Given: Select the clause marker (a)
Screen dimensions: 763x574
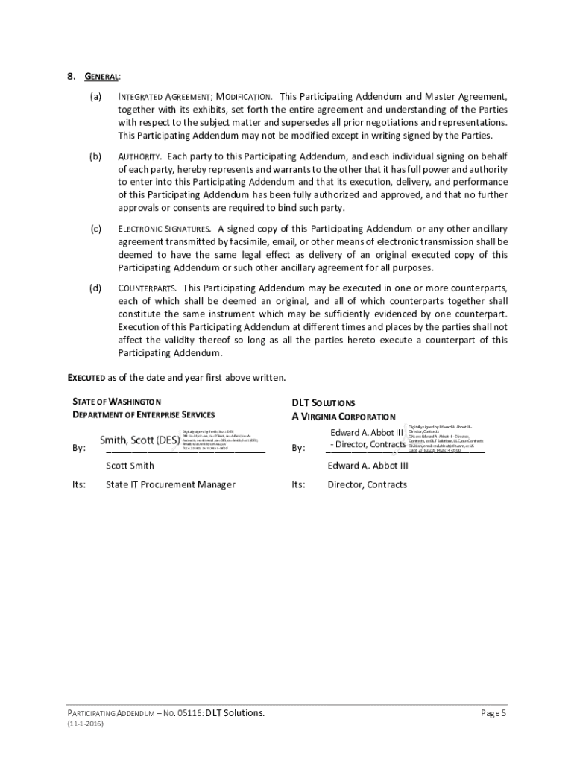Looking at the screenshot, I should click(96, 97).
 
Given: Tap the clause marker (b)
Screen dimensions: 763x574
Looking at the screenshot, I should click(96, 156).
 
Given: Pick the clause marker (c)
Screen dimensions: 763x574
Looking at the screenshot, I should click(96, 229).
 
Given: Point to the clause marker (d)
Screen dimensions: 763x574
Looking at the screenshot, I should click(96, 288).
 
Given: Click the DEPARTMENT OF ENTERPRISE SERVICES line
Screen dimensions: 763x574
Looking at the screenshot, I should click(142, 414).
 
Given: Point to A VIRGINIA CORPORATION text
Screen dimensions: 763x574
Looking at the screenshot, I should click(343, 417).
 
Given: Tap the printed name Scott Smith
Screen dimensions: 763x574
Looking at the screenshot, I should click(130, 466).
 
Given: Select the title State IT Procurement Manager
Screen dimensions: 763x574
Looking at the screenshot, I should click(170, 484).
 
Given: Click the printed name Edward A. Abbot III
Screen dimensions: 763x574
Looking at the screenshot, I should click(368, 466).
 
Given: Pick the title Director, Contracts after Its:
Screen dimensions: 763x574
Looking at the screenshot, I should click(367, 484).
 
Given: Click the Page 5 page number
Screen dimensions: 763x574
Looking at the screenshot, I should click(493, 713).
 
